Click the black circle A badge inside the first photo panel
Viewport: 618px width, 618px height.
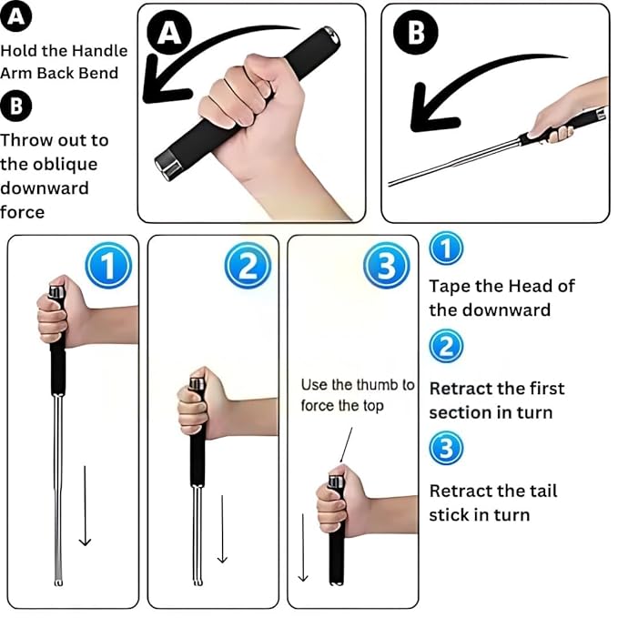click(169, 34)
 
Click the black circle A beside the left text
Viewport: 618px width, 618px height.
click(16, 16)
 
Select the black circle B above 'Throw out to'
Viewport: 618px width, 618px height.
click(16, 106)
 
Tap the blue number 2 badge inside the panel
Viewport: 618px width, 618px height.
click(246, 267)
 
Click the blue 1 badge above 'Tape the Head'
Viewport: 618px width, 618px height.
click(446, 248)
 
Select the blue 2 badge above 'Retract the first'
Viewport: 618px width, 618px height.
click(446, 347)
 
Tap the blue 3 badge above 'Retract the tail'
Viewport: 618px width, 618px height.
click(446, 447)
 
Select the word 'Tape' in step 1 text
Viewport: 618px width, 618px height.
click(449, 286)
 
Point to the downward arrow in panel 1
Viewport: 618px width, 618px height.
click(85, 505)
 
